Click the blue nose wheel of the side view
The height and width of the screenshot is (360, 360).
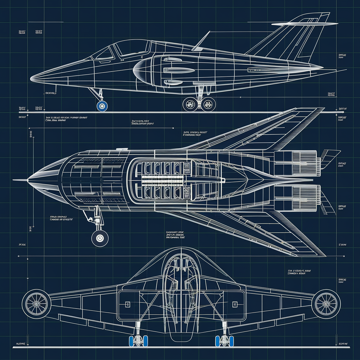coord(102,105)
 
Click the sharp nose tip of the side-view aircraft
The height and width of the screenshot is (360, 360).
coord(32,78)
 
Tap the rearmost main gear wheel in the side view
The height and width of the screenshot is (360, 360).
coord(209,104)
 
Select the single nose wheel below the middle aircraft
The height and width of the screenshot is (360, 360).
coord(100,239)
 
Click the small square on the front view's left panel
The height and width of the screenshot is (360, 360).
coord(128,304)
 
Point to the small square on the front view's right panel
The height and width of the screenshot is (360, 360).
coord(235,304)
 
